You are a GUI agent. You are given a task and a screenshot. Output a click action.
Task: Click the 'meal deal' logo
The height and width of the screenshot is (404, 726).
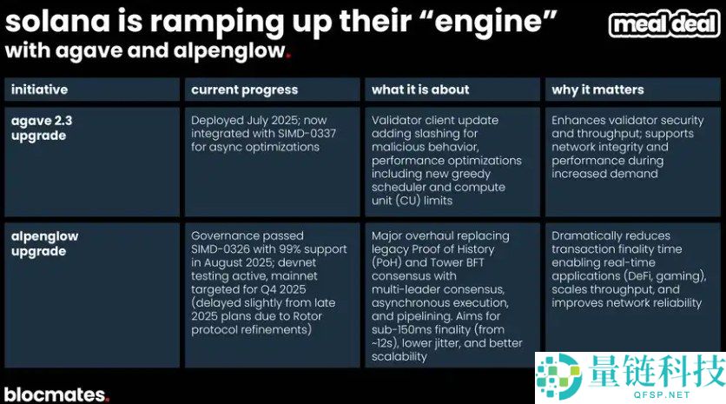664,24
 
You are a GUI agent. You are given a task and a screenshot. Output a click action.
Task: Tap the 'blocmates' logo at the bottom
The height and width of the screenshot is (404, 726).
56,394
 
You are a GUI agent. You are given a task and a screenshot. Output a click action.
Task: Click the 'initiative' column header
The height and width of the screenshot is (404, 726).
39,89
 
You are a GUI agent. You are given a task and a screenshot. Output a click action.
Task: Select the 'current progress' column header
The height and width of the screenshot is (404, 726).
245,89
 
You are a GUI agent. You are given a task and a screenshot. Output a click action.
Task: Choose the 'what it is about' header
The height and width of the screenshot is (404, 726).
420,89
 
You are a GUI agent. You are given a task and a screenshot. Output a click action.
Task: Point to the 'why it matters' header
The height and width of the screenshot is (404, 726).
597,89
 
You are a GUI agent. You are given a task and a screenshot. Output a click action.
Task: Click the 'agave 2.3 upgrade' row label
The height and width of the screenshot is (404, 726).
42,128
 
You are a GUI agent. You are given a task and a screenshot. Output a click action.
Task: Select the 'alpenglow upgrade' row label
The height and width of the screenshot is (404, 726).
45,243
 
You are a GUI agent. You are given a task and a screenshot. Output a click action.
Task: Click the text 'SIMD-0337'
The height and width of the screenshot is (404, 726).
307,134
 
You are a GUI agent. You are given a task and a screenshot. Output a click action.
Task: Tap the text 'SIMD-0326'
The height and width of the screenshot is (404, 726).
221,248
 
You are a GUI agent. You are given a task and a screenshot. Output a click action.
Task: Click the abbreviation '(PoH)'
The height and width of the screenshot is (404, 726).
386,262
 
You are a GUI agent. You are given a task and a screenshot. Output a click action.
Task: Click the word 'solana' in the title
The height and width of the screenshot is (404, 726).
58,22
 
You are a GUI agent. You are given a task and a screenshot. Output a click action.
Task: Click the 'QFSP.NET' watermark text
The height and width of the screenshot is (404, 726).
662,394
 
